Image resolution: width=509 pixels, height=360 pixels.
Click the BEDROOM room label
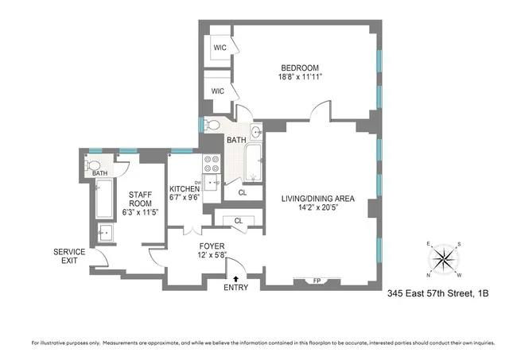pyautogui.click(x=299, y=67)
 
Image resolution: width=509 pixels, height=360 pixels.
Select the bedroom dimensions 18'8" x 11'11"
pyautogui.click(x=299, y=78)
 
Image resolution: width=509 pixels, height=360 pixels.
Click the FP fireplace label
pyautogui.click(x=316, y=280)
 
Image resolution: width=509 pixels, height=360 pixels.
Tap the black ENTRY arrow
pyautogui.click(x=235, y=277)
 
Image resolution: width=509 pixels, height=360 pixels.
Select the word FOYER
pyautogui.click(x=212, y=246)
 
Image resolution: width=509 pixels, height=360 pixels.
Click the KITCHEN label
pyautogui.click(x=189, y=189)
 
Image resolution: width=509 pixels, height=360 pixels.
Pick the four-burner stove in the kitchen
pyautogui.click(x=212, y=163)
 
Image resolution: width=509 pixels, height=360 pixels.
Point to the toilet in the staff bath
pyautogui.click(x=95, y=165)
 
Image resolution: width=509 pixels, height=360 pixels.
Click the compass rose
pyautogui.click(x=444, y=259)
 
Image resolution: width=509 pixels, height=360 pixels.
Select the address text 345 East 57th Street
pyautogui.click(x=425, y=293)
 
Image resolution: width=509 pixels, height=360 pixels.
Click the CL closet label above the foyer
pyautogui.click(x=239, y=221)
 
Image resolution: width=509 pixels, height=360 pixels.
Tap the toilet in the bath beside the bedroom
pyautogui.click(x=212, y=125)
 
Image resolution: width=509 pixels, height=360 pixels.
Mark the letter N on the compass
pyautogui.click(x=429, y=274)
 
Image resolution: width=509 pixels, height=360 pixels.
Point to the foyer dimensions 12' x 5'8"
pyautogui.click(x=212, y=256)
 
